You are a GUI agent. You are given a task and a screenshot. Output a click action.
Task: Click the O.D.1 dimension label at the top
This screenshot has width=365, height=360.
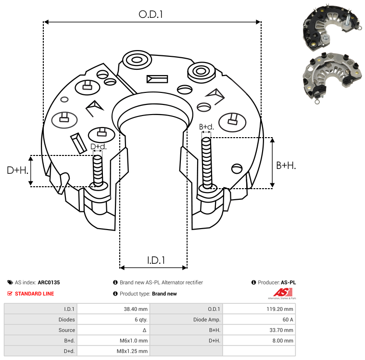[x=151, y=14]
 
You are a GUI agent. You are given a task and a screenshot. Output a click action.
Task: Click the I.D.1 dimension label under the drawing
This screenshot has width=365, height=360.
[x=156, y=260]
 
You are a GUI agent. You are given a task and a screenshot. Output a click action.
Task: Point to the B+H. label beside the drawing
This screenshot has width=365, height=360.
[x=286, y=165]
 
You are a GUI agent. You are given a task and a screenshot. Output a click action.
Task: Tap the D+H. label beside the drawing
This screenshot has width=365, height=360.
[x=17, y=170]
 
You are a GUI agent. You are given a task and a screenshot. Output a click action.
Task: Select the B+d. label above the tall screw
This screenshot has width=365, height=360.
[x=206, y=127]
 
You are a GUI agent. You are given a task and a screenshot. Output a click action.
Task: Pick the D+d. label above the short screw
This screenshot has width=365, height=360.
[x=98, y=146]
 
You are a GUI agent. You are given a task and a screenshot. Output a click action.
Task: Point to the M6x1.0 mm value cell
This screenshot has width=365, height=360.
[x=134, y=341]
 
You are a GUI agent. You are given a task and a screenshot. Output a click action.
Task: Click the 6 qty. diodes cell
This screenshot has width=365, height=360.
[x=139, y=320]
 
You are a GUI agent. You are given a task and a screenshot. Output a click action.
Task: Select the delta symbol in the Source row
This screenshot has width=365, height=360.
[x=145, y=330]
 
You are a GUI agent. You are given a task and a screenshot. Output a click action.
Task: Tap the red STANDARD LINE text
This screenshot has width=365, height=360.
[x=34, y=294]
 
